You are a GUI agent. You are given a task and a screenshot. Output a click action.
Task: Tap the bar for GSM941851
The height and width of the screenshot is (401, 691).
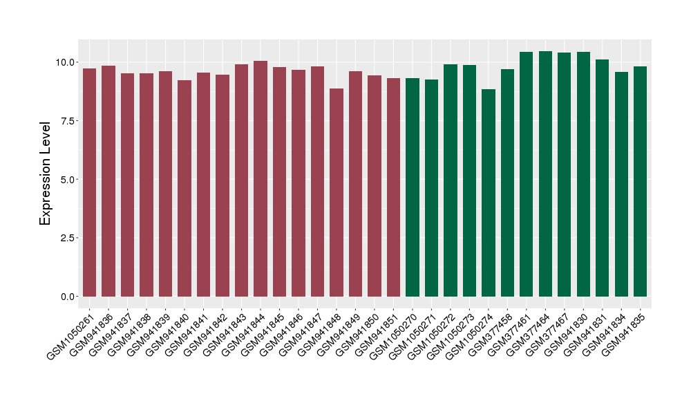(393, 187)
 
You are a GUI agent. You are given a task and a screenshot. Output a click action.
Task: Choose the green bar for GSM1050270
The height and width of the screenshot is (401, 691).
(413, 187)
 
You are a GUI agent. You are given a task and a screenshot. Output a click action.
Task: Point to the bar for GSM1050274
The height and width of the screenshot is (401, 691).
(489, 193)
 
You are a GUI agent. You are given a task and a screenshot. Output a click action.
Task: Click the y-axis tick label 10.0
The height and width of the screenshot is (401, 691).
(66, 62)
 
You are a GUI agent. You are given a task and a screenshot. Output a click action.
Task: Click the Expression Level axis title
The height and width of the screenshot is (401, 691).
(46, 174)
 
